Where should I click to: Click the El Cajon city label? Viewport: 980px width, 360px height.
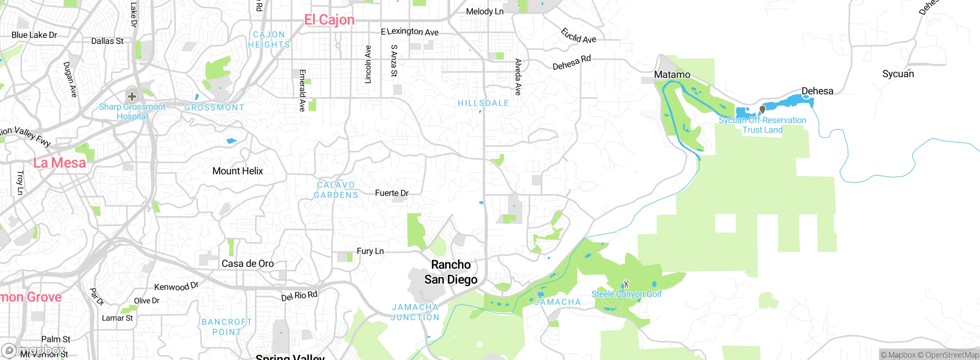pyautogui.click(x=329, y=20)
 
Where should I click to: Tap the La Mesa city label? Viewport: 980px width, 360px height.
pyautogui.click(x=59, y=163)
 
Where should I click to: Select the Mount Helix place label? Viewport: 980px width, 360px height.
pyautogui.click(x=237, y=171)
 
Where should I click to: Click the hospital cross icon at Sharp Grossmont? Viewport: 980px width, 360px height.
pyautogui.click(x=132, y=96)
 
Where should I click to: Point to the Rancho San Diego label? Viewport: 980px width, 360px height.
pyautogui.click(x=451, y=272)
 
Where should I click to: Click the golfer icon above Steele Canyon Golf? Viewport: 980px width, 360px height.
pyautogui.click(x=626, y=284)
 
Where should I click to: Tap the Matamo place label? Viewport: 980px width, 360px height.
pyautogui.click(x=672, y=75)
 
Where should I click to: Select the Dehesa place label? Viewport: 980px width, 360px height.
pyautogui.click(x=817, y=91)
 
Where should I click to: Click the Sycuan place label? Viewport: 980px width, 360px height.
pyautogui.click(x=898, y=74)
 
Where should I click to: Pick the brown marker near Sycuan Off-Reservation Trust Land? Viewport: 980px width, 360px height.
pyautogui.click(x=762, y=110)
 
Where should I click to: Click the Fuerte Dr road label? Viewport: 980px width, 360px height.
pyautogui.click(x=392, y=193)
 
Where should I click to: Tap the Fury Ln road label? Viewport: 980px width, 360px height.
pyautogui.click(x=370, y=251)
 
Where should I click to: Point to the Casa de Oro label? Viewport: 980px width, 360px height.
pyautogui.click(x=248, y=263)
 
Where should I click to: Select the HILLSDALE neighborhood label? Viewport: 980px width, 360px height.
pyautogui.click(x=483, y=103)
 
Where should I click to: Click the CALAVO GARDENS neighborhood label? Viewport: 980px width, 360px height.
pyautogui.click(x=336, y=190)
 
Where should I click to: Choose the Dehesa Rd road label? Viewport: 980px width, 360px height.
pyautogui.click(x=572, y=62)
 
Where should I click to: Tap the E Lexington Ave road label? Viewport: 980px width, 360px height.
pyautogui.click(x=410, y=32)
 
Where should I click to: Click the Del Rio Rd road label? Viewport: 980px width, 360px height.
pyautogui.click(x=299, y=296)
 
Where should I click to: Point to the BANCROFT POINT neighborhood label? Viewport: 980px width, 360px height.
pyautogui.click(x=227, y=327)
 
